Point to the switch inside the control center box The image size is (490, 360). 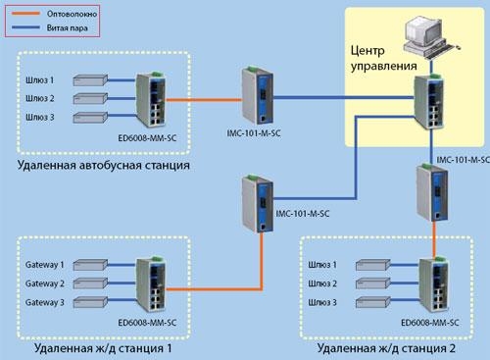click(430, 103)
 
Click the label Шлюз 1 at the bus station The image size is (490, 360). click(39, 79)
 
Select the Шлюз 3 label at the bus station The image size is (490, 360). click(39, 116)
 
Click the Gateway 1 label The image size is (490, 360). click(44, 264)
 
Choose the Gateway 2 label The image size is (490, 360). click(44, 283)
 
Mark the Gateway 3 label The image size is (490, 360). click(44, 302)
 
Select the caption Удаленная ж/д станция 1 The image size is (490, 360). click(103, 348)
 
